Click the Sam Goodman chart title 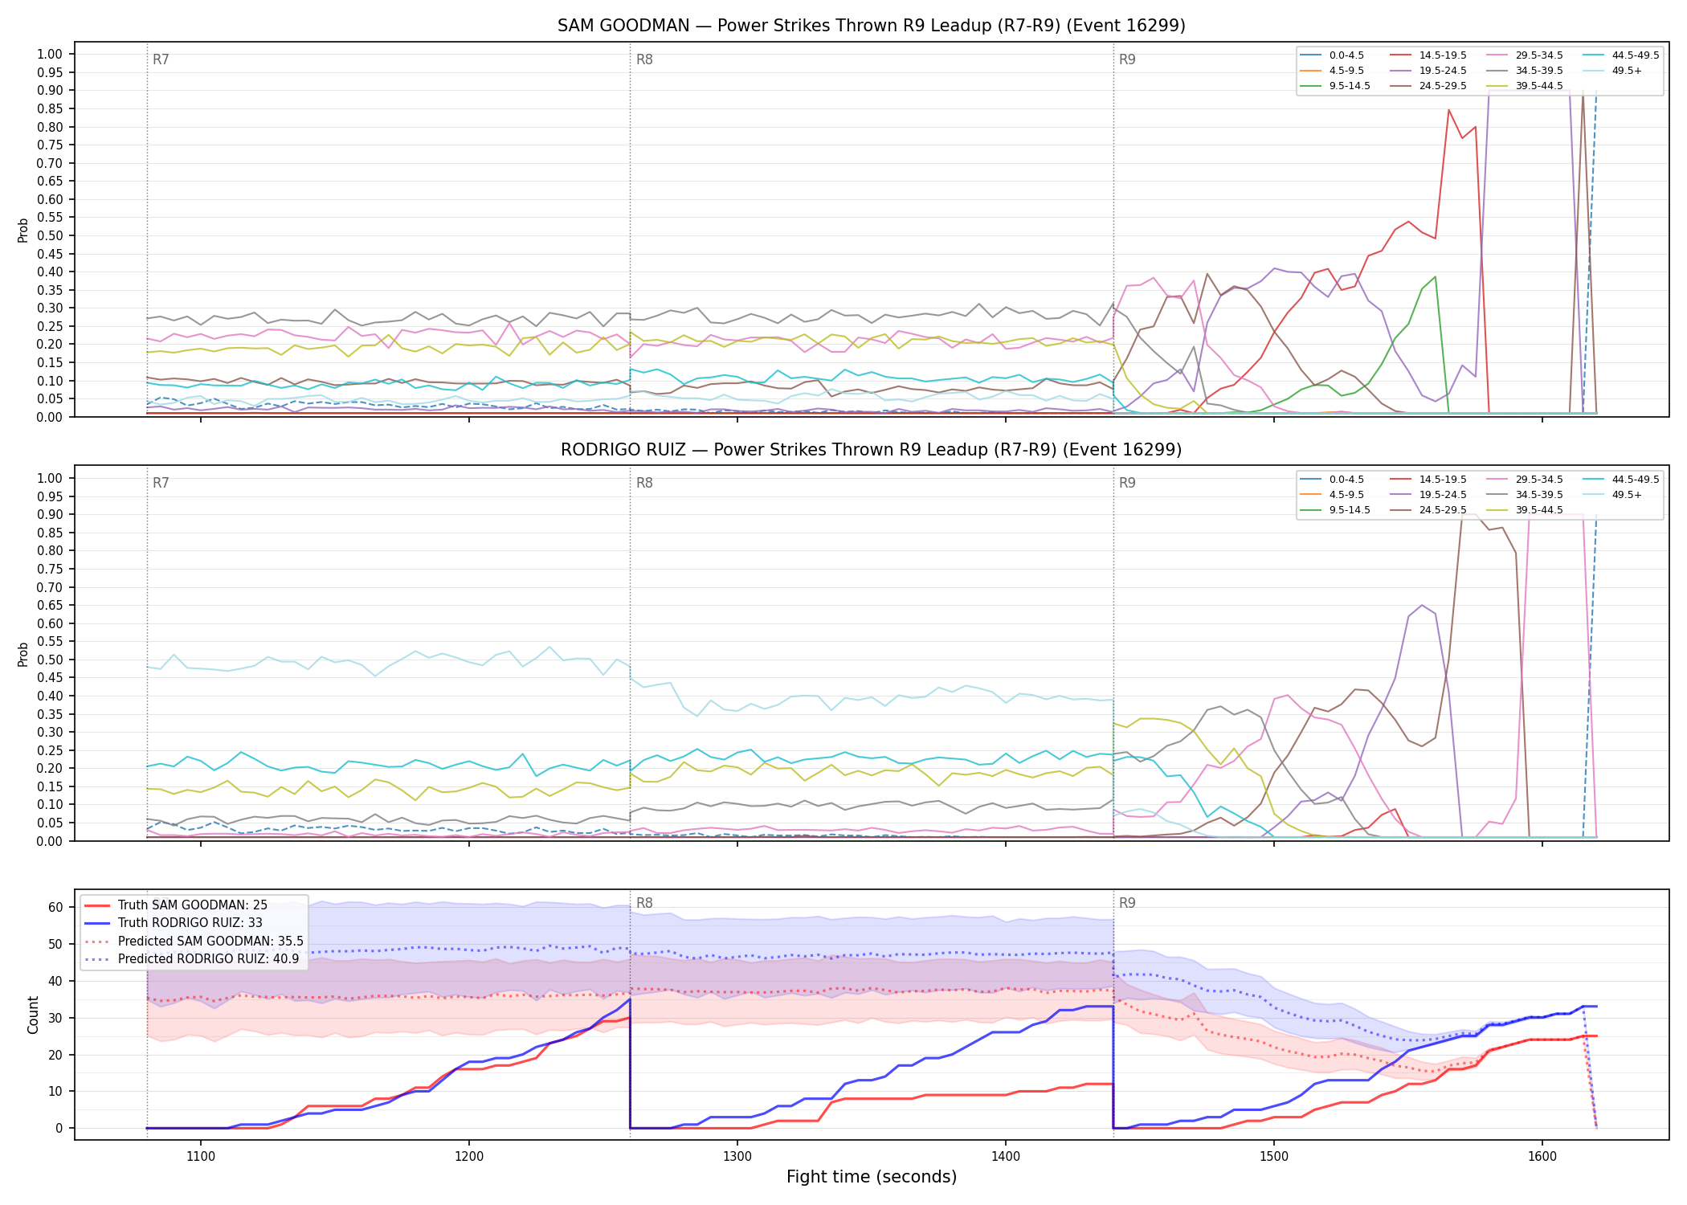click(872, 26)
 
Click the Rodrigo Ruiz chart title click(872, 450)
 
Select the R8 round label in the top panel click(644, 59)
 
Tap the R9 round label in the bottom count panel click(1127, 903)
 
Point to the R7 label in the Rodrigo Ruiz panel click(161, 483)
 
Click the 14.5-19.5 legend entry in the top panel click(1428, 55)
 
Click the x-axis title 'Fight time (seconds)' click(872, 1177)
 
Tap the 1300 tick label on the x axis click(737, 1157)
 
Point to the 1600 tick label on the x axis click(1542, 1157)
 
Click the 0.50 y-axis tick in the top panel click(50, 235)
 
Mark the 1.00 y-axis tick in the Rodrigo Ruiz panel click(50, 478)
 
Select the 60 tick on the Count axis click(55, 908)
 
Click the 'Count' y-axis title click(33, 1015)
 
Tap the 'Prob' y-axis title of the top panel click(23, 230)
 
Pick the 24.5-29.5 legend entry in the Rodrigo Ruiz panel click(1428, 510)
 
